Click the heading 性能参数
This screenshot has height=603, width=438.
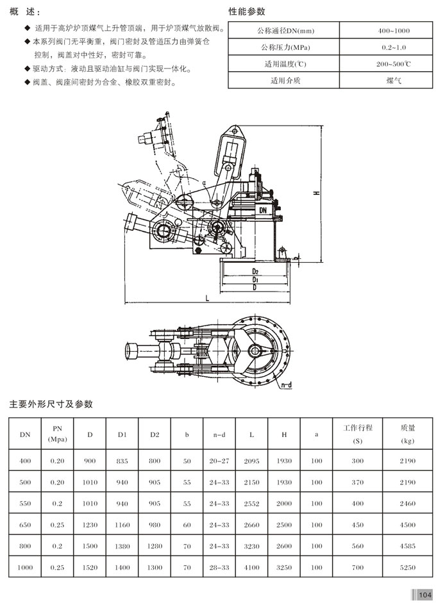pos(247,12)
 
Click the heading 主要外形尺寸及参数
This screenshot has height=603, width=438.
pos(51,404)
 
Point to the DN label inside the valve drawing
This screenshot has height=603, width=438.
pos(264,210)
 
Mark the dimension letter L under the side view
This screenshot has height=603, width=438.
pos(208,299)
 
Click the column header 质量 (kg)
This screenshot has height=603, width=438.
pos(407,434)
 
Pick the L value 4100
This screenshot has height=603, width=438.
pos(251,568)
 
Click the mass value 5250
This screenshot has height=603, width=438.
pos(407,568)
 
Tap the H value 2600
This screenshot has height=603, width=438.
pos(284,547)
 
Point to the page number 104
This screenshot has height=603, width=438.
pos(424,593)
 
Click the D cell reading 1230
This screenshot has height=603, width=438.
pos(90,525)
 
